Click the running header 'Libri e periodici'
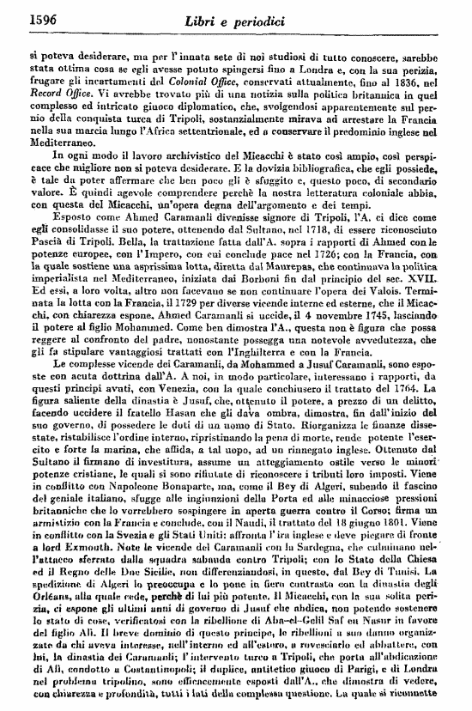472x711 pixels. (x=239, y=15)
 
